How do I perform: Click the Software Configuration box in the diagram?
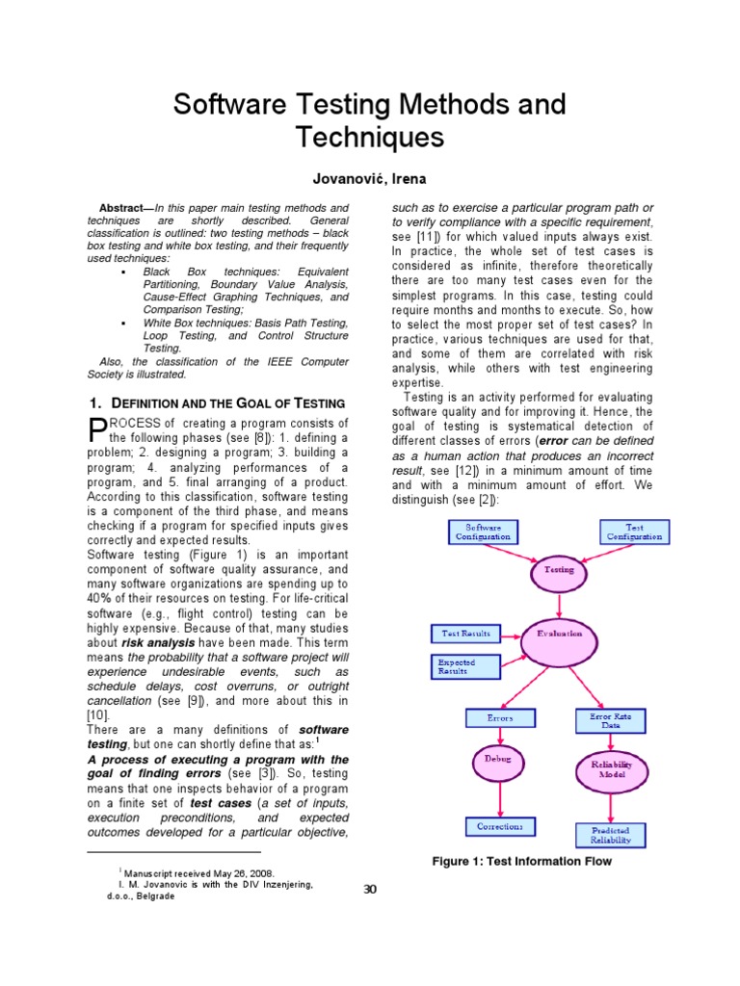pyautogui.click(x=483, y=532)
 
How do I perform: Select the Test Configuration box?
pyautogui.click(x=634, y=532)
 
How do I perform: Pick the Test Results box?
pyautogui.click(x=465, y=634)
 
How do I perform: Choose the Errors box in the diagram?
pyautogui.click(x=500, y=718)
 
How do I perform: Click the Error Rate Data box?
pyautogui.click(x=611, y=721)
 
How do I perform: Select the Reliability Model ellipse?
pyautogui.click(x=611, y=768)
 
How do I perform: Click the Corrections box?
pyautogui.click(x=500, y=826)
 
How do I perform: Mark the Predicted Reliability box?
pyautogui.click(x=611, y=834)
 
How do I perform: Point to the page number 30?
pyautogui.click(x=370, y=889)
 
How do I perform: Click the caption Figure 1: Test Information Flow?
pyautogui.click(x=520, y=861)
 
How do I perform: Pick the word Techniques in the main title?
pyautogui.click(x=370, y=138)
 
